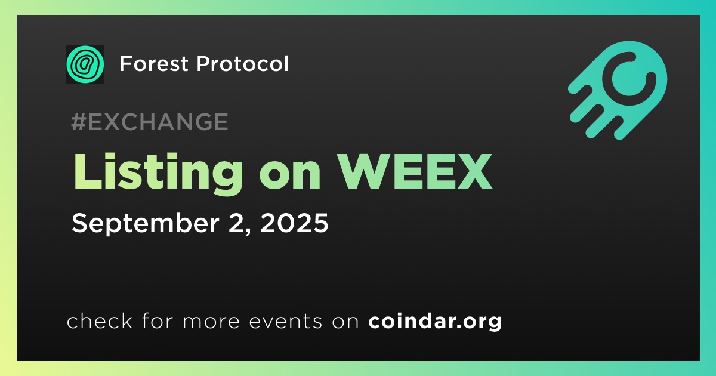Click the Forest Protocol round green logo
[85, 64]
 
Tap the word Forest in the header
[154, 64]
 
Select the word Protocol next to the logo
[243, 64]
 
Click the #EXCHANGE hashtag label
[150, 122]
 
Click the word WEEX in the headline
[415, 172]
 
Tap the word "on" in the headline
[290, 177]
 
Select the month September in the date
[146, 224]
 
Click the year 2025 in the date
[294, 223]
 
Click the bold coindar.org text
[435, 322]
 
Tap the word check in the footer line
[100, 321]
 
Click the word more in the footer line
[211, 322]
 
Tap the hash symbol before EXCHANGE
[79, 122]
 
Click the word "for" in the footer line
[158, 321]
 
